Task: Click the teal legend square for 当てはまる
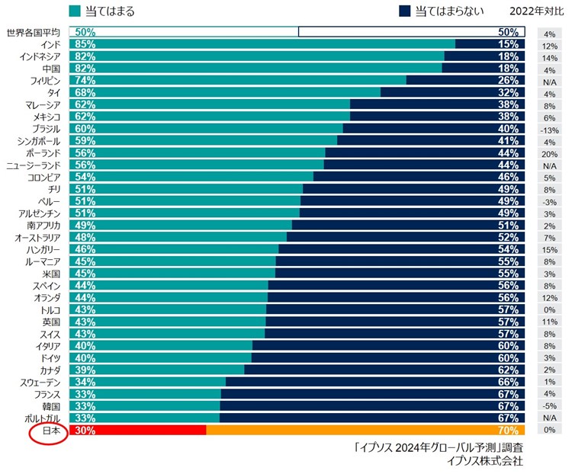74,11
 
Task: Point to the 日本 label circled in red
50,431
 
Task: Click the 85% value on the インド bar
85,45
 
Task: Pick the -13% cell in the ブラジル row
549,130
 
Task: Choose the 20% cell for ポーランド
549,155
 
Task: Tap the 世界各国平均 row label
33,33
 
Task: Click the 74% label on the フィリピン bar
85,81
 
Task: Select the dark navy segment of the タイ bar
450,93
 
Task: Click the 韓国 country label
52,406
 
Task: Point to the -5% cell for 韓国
549,406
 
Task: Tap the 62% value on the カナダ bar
509,370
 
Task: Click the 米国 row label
52,274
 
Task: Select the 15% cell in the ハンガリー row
549,249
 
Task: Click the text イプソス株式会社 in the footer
487,460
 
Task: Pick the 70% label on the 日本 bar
509,431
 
